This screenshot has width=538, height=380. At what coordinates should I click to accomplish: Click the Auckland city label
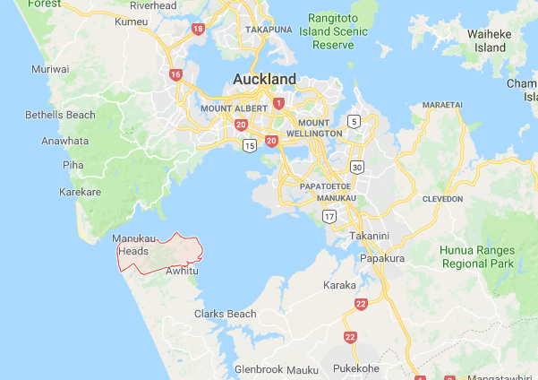click(x=264, y=79)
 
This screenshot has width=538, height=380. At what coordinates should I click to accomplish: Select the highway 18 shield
click(x=198, y=29)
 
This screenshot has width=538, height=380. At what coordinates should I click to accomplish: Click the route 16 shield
click(x=175, y=74)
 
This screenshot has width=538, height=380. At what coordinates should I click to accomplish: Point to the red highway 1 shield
click(x=279, y=104)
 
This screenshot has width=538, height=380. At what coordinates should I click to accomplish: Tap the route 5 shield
click(x=354, y=121)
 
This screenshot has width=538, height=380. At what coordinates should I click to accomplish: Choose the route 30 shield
click(x=357, y=167)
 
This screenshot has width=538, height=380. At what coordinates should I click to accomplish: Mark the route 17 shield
click(x=329, y=215)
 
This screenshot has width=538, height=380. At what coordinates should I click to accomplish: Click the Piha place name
click(x=73, y=165)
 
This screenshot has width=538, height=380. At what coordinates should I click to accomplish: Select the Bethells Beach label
click(x=60, y=115)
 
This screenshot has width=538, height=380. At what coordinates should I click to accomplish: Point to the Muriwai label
click(x=49, y=69)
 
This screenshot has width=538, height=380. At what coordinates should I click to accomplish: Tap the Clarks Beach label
click(x=226, y=314)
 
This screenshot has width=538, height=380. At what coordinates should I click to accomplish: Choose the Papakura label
click(x=383, y=259)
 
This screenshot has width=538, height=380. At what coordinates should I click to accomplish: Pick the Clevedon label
click(x=441, y=198)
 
